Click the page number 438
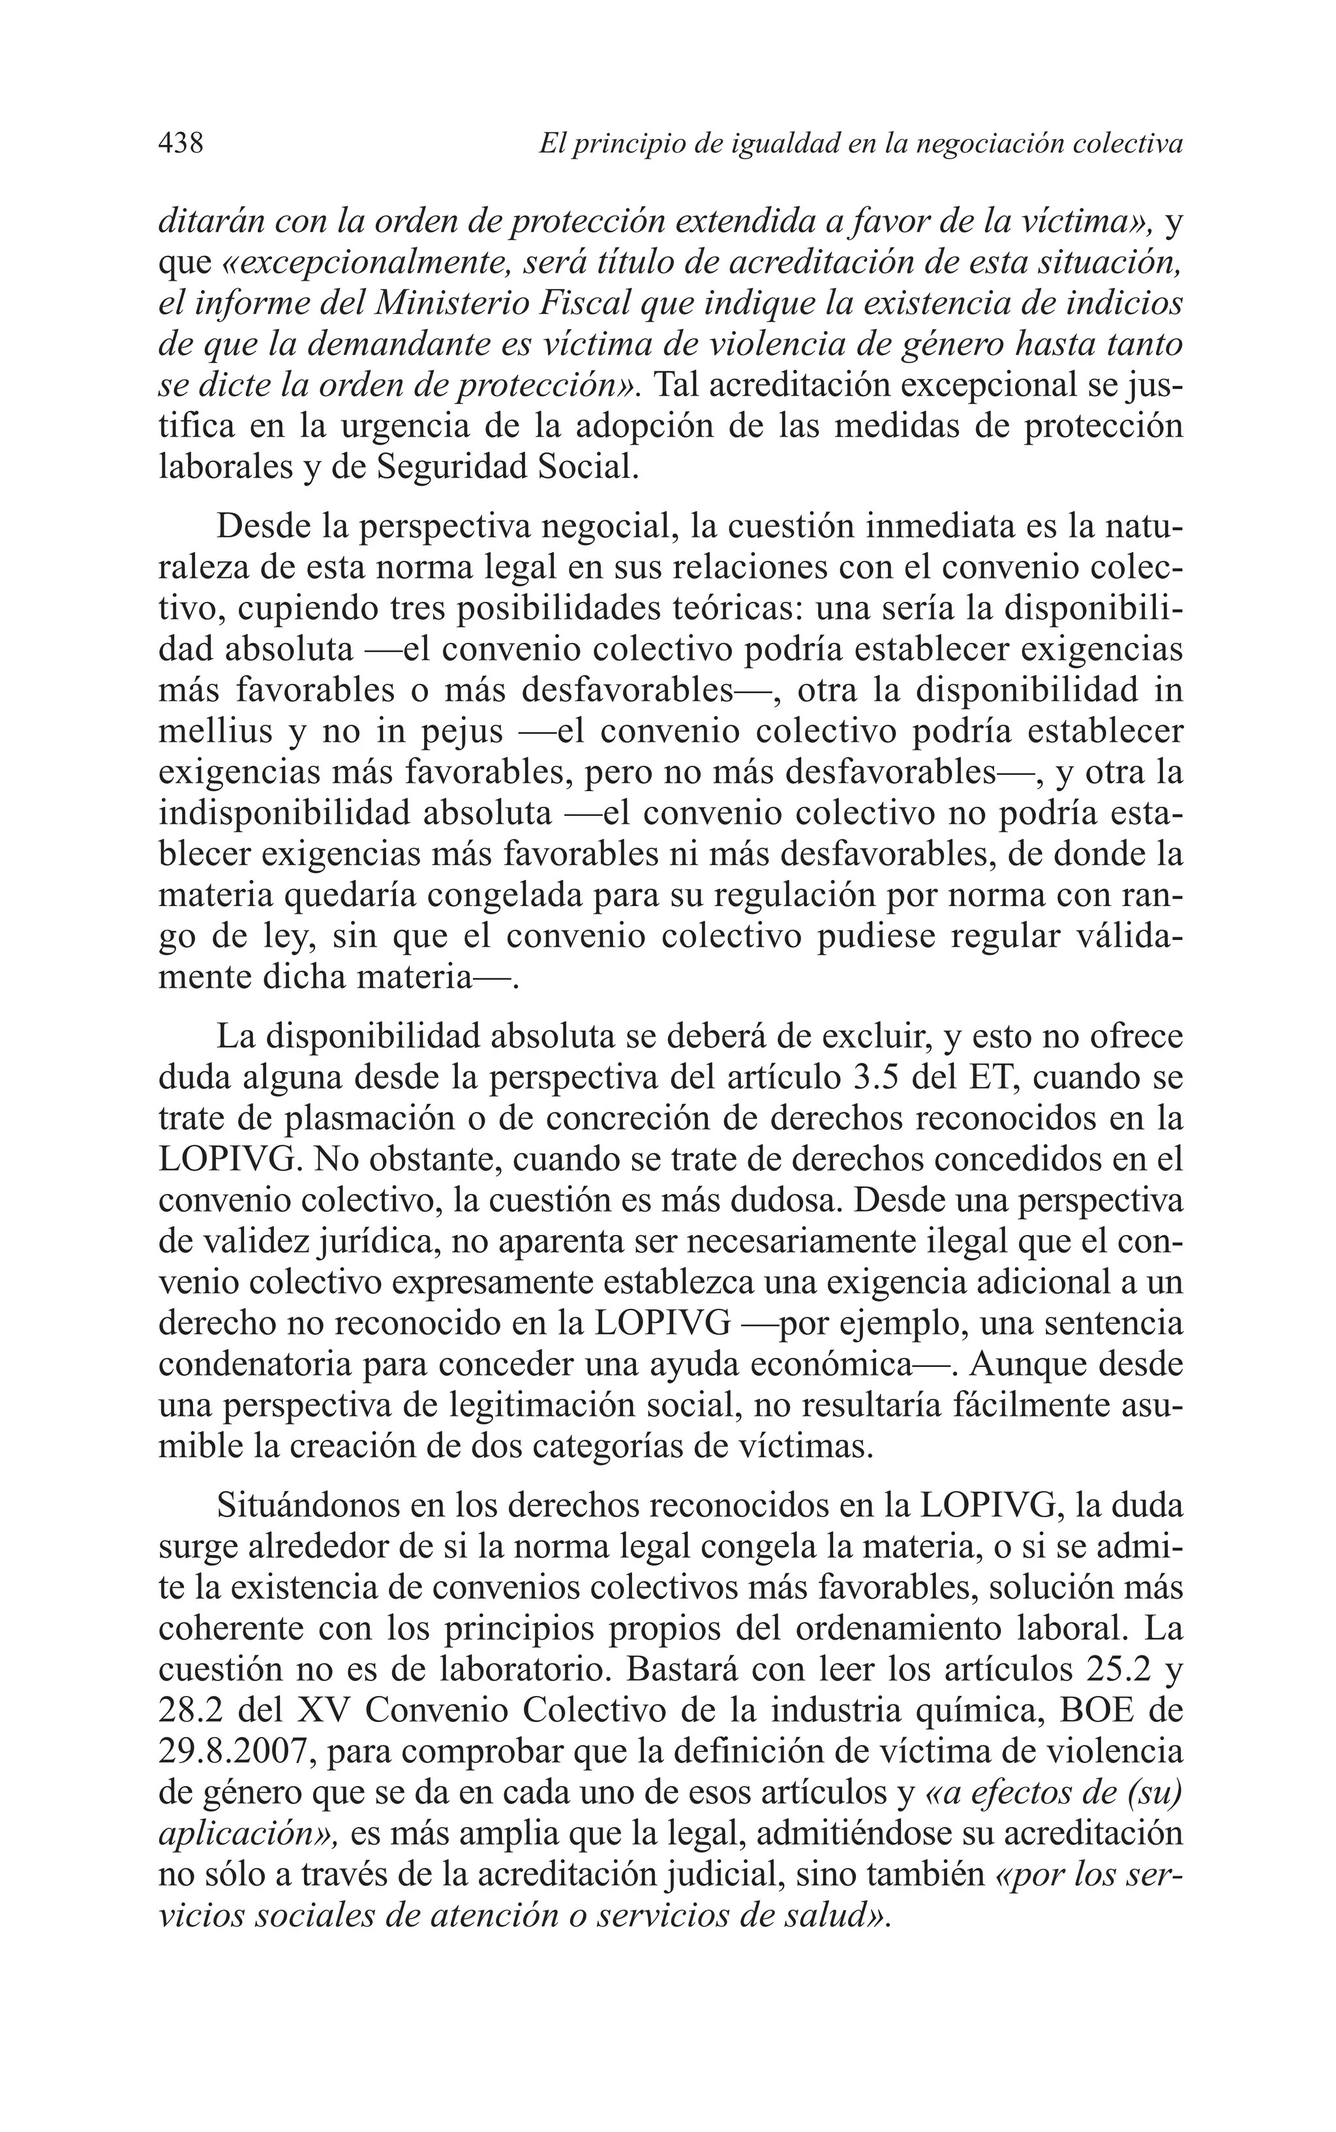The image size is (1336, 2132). point(181,142)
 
